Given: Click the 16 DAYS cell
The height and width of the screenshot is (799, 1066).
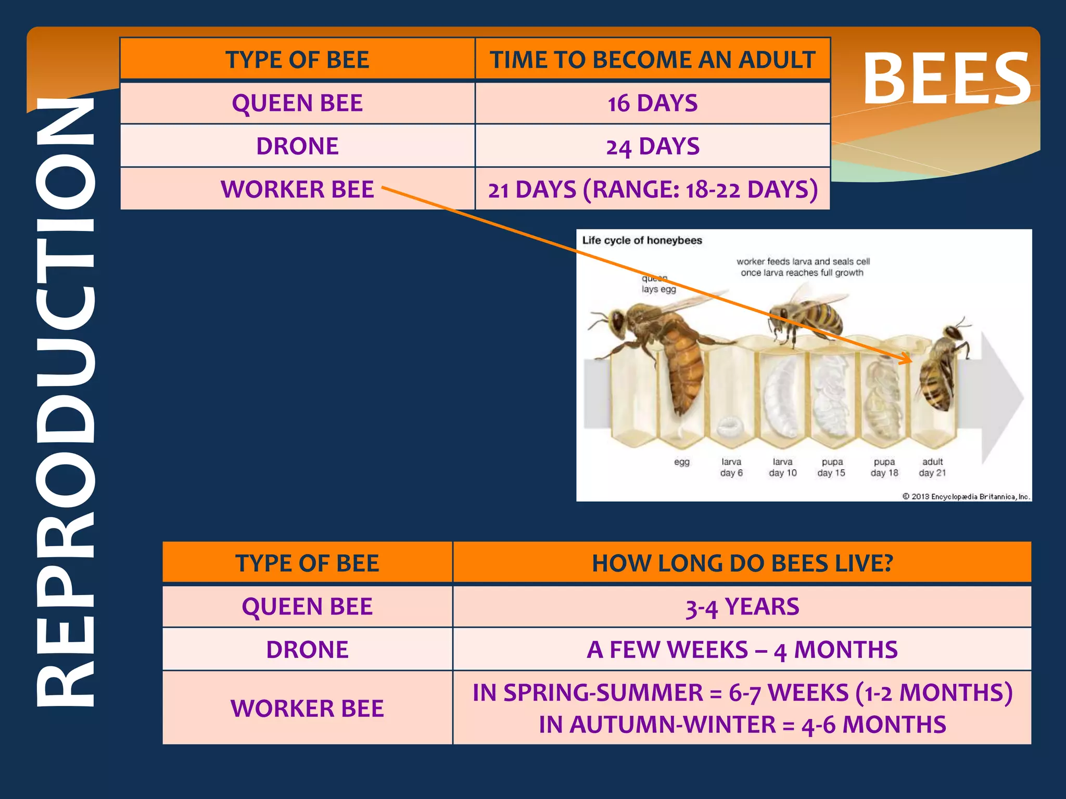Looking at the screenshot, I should click(652, 103).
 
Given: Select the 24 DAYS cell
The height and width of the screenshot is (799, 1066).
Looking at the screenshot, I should click(652, 146).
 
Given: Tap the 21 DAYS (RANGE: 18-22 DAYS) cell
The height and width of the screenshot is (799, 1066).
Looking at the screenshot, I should click(652, 189).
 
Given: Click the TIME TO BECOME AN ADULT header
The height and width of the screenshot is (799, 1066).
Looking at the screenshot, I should click(652, 60).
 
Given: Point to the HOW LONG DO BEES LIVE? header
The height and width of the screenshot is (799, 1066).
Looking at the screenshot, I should click(742, 563).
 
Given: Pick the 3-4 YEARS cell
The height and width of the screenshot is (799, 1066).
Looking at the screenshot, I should click(742, 607).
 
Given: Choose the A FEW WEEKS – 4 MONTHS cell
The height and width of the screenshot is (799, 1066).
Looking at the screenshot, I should click(742, 650).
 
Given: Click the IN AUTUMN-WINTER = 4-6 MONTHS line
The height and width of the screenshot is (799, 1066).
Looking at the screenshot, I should click(742, 725).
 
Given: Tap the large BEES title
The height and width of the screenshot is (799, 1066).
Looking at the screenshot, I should click(946, 79).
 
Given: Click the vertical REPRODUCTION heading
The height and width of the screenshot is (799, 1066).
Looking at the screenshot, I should click(65, 401).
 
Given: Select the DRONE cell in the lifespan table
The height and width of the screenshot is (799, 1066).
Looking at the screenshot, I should click(307, 650).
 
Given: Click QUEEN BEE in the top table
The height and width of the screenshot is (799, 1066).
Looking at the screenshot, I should click(297, 103).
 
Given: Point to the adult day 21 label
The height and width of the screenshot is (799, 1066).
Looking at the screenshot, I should click(932, 467).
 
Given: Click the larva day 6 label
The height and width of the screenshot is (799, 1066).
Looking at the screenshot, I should click(731, 467).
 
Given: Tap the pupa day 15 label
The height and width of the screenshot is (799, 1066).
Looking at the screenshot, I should click(831, 467).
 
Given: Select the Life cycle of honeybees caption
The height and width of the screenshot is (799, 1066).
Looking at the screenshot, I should click(642, 240).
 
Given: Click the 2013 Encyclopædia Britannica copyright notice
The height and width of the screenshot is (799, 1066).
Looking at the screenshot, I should click(966, 496).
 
